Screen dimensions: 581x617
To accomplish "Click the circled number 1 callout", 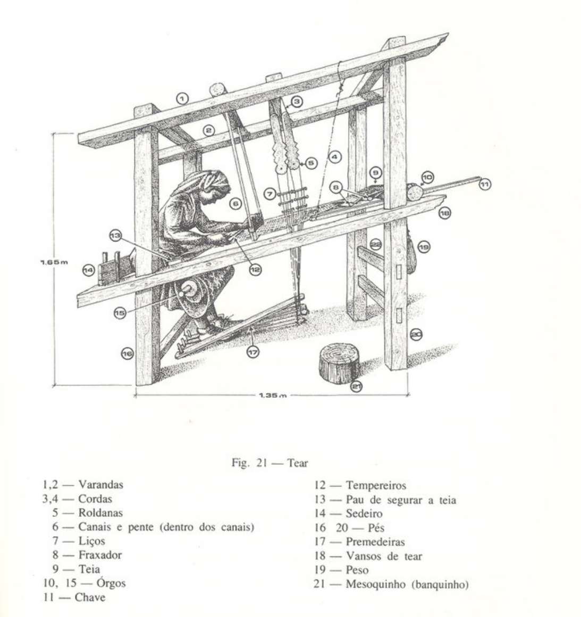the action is pyautogui.click(x=182, y=98).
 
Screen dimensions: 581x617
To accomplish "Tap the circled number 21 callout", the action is pyautogui.click(x=357, y=387).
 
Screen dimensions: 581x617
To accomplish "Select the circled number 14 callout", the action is pyautogui.click(x=89, y=270).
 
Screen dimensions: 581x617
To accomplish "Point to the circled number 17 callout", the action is pyautogui.click(x=252, y=352).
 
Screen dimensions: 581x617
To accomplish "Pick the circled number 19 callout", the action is pyautogui.click(x=424, y=247).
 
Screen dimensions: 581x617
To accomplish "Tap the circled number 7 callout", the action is pyautogui.click(x=271, y=191).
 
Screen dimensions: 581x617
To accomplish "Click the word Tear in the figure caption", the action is pyautogui.click(x=297, y=463).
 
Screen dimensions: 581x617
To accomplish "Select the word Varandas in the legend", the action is pyautogui.click(x=100, y=485).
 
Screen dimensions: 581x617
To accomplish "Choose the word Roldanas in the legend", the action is pyautogui.click(x=100, y=513).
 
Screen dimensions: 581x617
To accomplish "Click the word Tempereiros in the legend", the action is pyautogui.click(x=376, y=486).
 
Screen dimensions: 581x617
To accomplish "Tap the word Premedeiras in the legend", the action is pyautogui.click(x=375, y=542).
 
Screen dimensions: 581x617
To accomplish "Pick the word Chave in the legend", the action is pyautogui.click(x=90, y=597).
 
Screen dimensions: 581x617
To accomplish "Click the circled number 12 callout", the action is pyautogui.click(x=256, y=270).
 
